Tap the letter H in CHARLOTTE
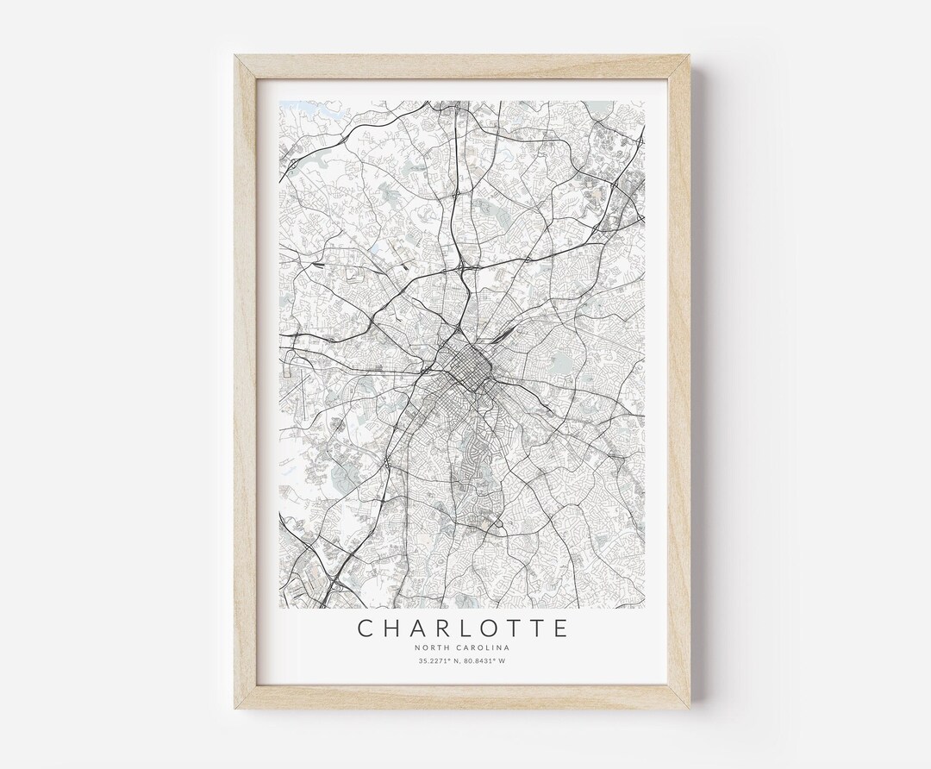point(395,627)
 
